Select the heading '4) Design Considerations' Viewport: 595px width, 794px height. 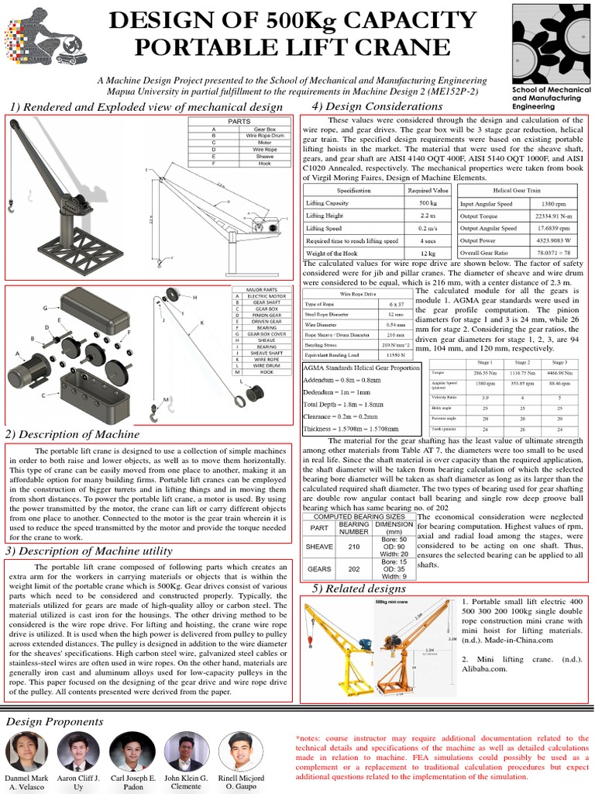click(x=366, y=105)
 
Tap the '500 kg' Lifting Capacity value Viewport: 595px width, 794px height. click(x=428, y=203)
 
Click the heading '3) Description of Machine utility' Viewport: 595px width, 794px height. click(x=100, y=551)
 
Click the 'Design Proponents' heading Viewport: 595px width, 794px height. click(x=54, y=721)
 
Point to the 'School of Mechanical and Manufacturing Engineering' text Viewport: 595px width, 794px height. click(x=552, y=98)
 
